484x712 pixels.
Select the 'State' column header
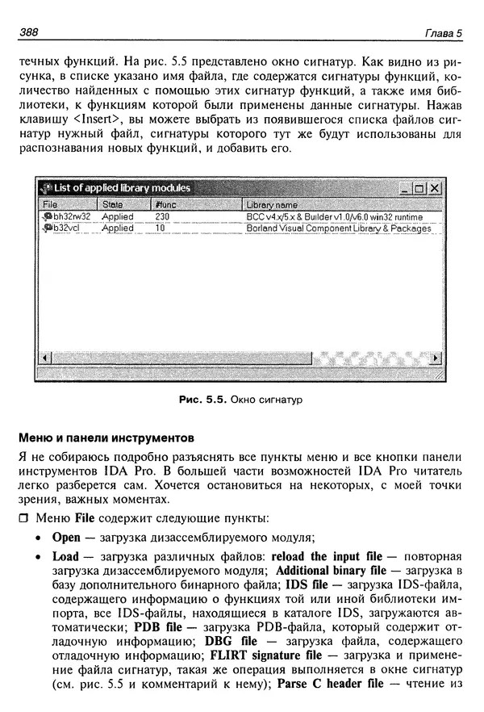tap(113, 205)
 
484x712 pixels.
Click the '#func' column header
tap(164, 205)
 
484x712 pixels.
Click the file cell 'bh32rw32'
tap(71, 217)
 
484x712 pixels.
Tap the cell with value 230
tap(162, 217)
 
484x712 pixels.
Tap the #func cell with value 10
tap(160, 228)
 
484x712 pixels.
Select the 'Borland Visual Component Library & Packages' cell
tap(338, 228)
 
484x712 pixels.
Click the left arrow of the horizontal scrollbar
tap(46, 356)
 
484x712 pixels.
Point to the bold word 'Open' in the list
tap(68, 537)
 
